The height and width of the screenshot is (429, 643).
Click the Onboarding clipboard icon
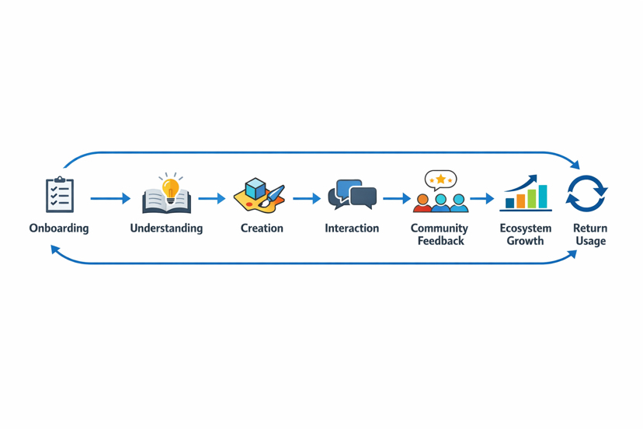[x=60, y=194]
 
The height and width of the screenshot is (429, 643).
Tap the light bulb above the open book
[x=170, y=187]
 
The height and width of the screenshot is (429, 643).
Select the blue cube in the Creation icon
[x=255, y=188]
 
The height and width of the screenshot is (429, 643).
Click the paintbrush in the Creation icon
[x=273, y=197]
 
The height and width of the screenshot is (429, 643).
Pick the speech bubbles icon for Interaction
[x=352, y=194]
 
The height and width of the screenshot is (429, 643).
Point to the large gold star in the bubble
[x=440, y=180]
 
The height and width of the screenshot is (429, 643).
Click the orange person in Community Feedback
[x=422, y=204]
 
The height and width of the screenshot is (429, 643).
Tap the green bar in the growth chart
[x=532, y=200]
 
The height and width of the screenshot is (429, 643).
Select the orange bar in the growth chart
[x=521, y=202]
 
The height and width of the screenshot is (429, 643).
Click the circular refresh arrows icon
[x=586, y=194]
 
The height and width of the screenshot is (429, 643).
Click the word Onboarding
[x=59, y=228]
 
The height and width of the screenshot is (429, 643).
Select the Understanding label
[x=166, y=228]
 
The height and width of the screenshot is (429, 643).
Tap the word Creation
[x=262, y=228]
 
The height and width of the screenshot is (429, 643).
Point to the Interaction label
[x=352, y=228]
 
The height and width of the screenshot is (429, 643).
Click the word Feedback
[x=440, y=241]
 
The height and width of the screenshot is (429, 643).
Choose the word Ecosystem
[x=526, y=228]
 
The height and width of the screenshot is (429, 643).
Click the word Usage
[x=590, y=241]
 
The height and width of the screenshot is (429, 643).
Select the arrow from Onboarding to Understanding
[x=109, y=199]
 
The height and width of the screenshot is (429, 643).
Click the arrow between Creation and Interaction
[x=307, y=199]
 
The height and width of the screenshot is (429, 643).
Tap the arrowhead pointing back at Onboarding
[x=55, y=249]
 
